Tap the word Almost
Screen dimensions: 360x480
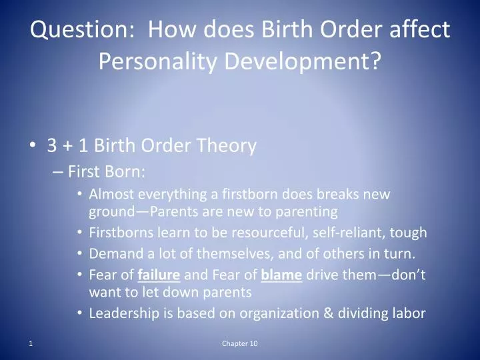(x=110, y=195)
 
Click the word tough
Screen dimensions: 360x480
(x=410, y=233)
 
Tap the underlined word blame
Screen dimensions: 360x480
(x=282, y=274)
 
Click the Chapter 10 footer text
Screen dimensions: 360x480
(x=240, y=343)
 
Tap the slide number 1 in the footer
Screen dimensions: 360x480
(x=31, y=343)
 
